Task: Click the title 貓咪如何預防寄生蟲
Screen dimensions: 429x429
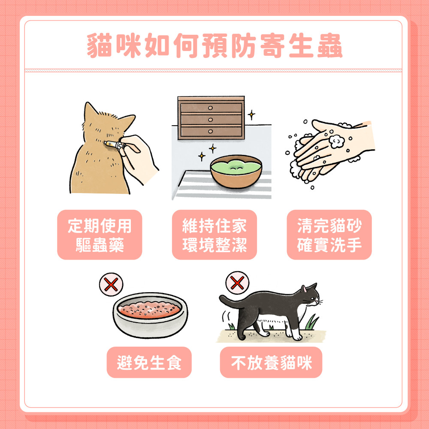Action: tap(214, 46)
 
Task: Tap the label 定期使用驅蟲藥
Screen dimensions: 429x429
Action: tap(100, 235)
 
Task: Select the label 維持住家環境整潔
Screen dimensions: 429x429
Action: tap(214, 235)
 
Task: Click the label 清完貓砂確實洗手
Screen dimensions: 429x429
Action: tap(329, 235)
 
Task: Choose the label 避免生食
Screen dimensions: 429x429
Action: tap(149, 363)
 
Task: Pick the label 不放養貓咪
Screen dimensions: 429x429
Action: tap(271, 363)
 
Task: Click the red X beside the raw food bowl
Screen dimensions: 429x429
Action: tap(111, 284)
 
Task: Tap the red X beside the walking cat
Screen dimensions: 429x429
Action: tap(237, 282)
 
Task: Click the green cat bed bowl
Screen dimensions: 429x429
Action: tap(236, 170)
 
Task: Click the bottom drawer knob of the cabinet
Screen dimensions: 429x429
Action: tap(210, 131)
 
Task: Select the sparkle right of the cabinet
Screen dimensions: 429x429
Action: tap(251, 114)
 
